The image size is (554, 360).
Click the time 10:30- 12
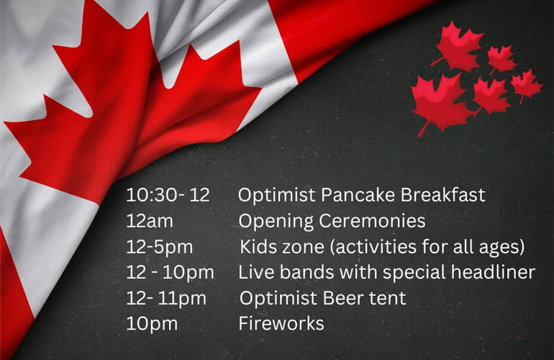(x=168, y=195)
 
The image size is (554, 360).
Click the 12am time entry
(x=150, y=221)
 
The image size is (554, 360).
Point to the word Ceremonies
(x=372, y=221)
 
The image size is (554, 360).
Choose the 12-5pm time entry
(x=160, y=247)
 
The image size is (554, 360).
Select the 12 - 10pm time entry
(x=170, y=273)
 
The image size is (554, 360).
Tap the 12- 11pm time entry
(x=166, y=299)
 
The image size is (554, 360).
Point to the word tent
(x=388, y=299)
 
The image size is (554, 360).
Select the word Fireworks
(x=281, y=323)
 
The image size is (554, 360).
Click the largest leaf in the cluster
(x=440, y=102)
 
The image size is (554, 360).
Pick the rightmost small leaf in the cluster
(x=527, y=85)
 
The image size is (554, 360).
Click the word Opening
(x=276, y=222)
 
